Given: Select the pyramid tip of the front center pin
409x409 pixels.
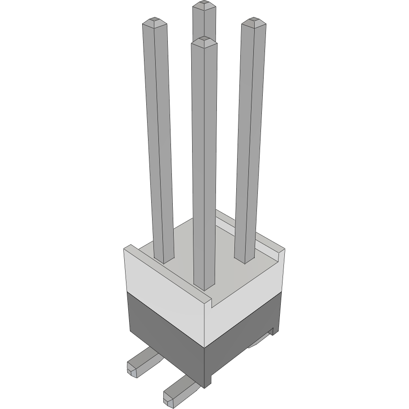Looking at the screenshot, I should tap(204, 40).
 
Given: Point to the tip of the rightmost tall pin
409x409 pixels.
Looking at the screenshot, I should tap(253, 20).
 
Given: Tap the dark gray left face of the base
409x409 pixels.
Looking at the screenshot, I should tap(164, 337).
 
